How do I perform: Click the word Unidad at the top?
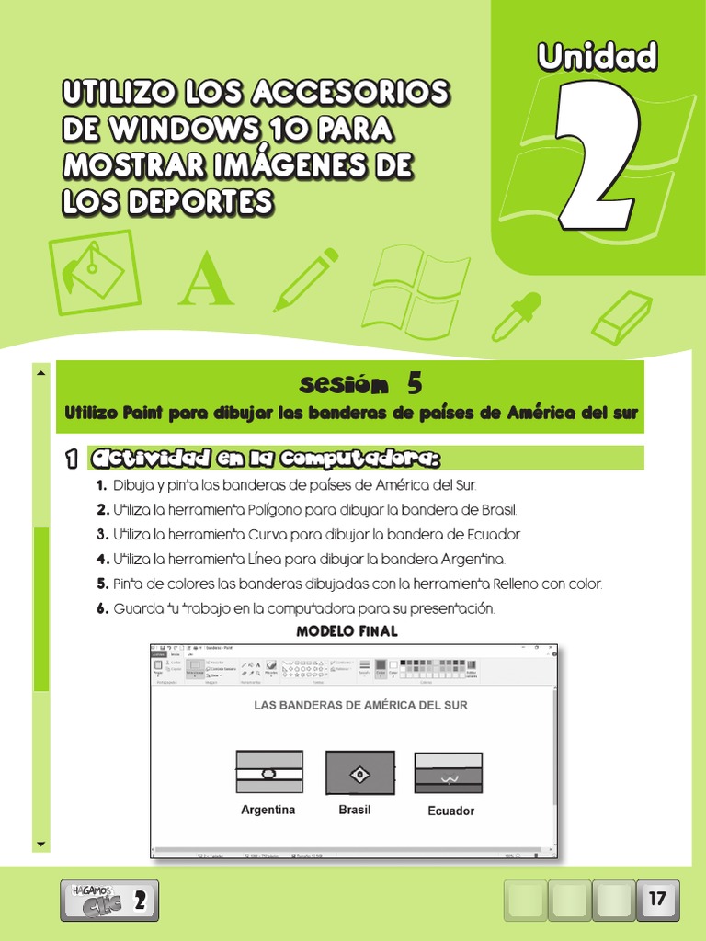click(598, 57)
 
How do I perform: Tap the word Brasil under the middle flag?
click(355, 810)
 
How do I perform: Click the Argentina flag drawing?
click(268, 772)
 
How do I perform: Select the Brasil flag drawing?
click(359, 773)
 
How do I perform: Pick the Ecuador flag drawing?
click(448, 774)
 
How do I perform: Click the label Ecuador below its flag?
click(450, 811)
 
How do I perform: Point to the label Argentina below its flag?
click(268, 810)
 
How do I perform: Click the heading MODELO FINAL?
click(347, 631)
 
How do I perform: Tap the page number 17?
click(657, 899)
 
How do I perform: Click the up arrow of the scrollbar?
click(41, 373)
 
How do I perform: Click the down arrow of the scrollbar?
click(41, 843)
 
